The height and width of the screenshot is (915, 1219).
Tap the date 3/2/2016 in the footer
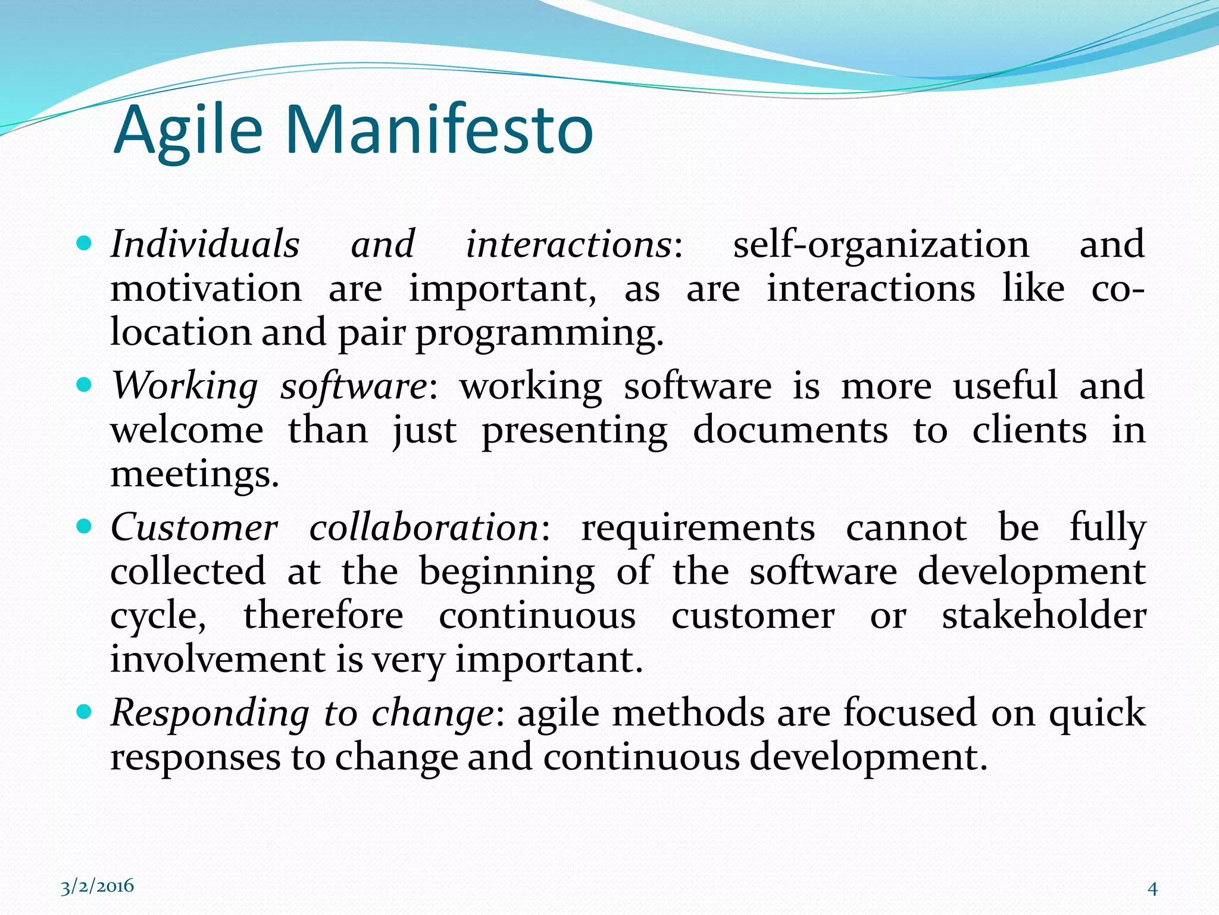point(97,886)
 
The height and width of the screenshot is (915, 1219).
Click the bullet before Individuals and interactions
point(85,244)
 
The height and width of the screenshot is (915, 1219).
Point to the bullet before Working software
point(85,385)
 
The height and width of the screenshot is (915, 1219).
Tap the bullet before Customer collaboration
point(85,527)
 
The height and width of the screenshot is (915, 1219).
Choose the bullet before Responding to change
point(85,711)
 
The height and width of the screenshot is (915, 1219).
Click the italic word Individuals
point(205,244)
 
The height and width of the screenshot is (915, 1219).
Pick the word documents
point(790,430)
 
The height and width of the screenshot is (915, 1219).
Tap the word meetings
point(195,475)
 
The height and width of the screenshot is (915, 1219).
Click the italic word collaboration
point(424,528)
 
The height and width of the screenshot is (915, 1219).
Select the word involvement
point(218,660)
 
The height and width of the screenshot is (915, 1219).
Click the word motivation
point(206,289)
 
